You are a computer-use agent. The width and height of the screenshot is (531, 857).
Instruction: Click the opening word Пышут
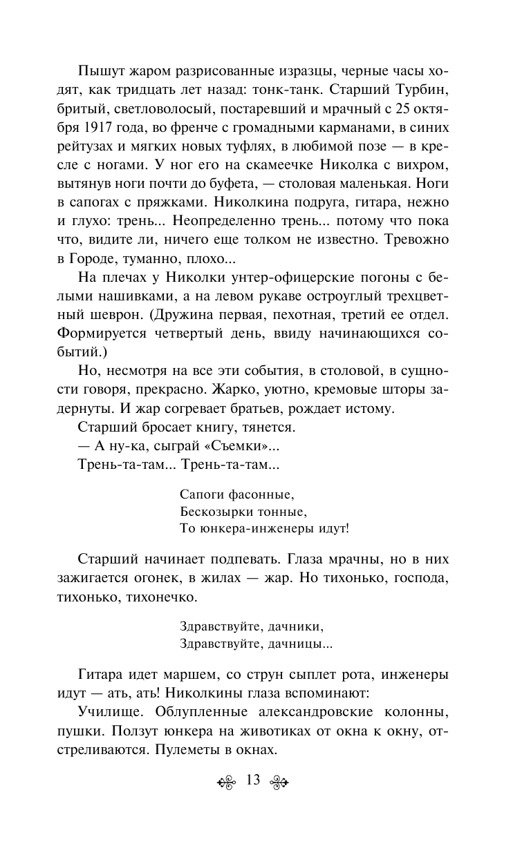coord(99,71)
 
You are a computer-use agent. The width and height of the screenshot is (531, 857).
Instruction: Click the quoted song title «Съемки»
coord(234,446)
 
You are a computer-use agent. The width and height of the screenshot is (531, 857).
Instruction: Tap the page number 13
coord(252,781)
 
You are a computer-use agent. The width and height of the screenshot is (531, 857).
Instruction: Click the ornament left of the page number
coord(227,782)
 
